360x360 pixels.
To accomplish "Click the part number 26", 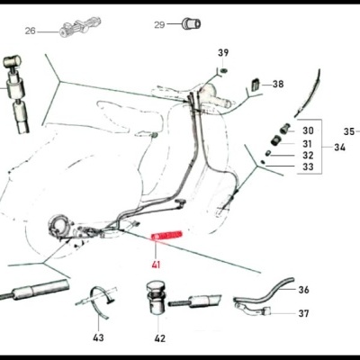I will click(x=30, y=31).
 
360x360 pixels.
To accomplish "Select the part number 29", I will click(x=159, y=25).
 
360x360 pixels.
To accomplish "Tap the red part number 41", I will click(x=157, y=265).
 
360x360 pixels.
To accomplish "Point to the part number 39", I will click(x=223, y=53).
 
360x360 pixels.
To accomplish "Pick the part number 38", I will click(x=277, y=84).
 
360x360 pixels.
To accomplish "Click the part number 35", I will click(x=349, y=130).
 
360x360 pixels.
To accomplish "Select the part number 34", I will click(x=339, y=147).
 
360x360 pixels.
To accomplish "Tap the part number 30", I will click(x=308, y=130).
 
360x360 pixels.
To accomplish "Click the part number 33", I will click(x=308, y=167).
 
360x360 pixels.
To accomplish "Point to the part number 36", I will click(x=303, y=290).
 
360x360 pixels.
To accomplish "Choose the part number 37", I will click(x=303, y=314).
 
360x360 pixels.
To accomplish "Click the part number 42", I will click(x=159, y=338).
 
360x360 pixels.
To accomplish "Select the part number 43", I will click(x=98, y=337).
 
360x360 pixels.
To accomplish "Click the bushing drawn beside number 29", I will click(x=191, y=22).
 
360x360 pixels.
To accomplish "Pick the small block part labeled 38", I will click(x=253, y=84).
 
